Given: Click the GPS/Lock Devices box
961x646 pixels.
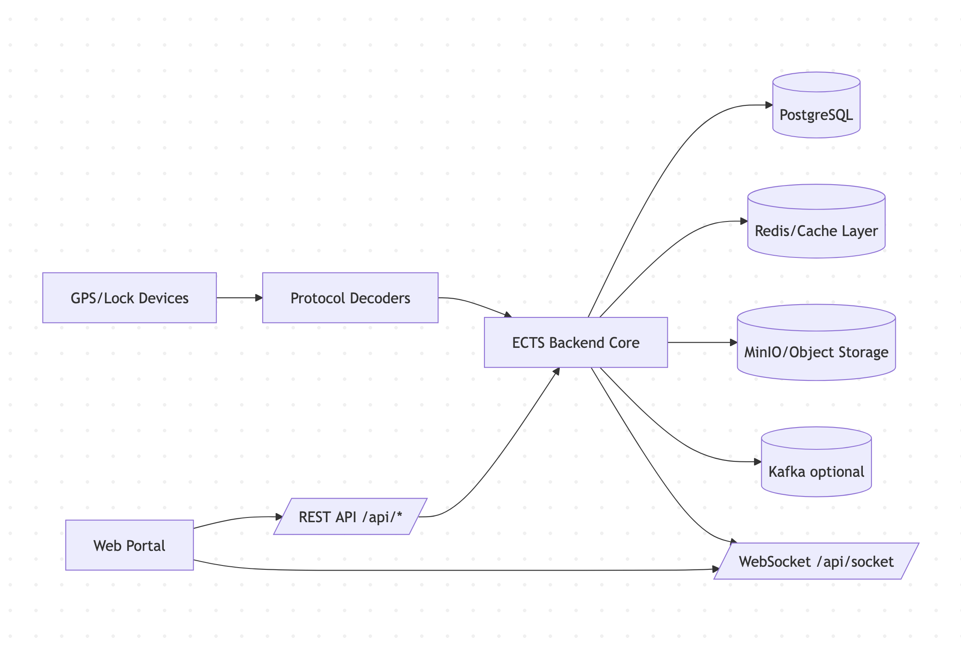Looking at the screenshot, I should [129, 298].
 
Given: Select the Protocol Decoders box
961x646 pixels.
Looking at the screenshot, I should [350, 298].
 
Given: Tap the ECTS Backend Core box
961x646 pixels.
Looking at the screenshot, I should [576, 342].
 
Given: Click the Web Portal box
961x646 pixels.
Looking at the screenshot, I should [129, 545].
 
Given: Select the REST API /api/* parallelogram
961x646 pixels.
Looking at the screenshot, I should [350, 517].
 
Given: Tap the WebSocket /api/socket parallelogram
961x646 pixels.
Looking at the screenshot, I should [816, 561].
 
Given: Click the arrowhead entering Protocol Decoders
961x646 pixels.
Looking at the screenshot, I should [259, 298].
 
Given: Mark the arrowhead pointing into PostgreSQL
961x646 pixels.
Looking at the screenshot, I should [769, 105].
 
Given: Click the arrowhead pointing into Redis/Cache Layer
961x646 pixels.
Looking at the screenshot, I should [744, 221].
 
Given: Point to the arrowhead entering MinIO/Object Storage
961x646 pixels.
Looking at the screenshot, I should [733, 342].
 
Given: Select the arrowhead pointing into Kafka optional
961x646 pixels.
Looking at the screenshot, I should [758, 462].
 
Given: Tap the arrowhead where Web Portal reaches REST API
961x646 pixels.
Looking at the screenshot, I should [279, 517].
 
